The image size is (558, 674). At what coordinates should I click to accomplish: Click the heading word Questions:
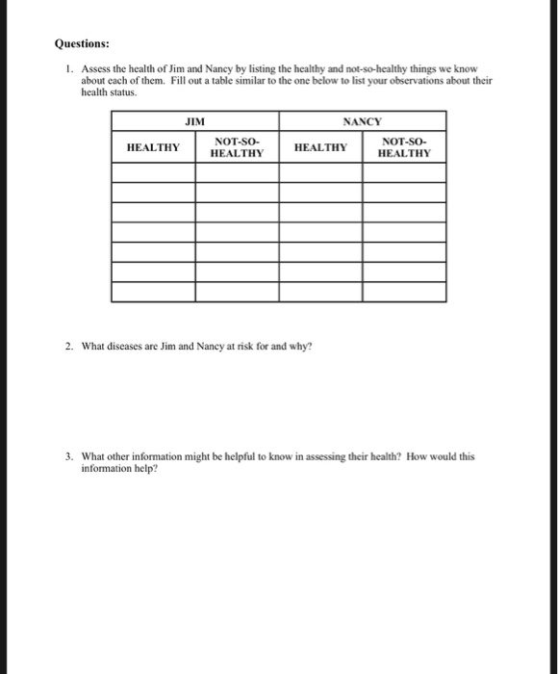82,43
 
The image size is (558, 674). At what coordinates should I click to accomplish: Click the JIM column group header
195,121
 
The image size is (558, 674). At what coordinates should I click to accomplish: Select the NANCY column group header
363,121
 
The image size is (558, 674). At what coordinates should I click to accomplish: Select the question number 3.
69,457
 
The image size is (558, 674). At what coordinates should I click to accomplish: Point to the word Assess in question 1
96,70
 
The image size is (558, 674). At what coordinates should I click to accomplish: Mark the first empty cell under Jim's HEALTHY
153,172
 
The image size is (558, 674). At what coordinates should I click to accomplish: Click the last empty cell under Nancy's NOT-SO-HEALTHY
404,291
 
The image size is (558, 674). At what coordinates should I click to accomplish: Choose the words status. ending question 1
124,93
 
